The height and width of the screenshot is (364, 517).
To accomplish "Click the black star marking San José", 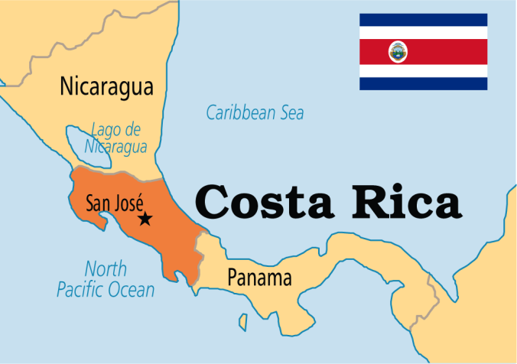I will pos(145,219).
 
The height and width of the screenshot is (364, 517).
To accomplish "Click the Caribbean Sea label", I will pos(255,113).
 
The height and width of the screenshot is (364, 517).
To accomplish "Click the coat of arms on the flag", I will pos(398,52).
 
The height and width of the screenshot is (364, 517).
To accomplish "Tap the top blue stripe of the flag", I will pos(424,20).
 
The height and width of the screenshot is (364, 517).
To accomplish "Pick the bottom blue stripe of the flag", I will pos(424,84).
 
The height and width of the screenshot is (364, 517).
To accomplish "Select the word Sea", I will pos(291,113).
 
